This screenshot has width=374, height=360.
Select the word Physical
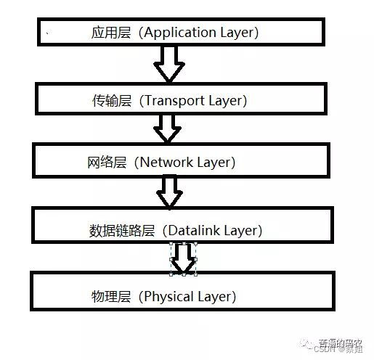tap(172, 296)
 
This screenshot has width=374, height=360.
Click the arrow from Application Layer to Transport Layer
tap(170, 64)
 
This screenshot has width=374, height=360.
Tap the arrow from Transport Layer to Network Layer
tap(167, 128)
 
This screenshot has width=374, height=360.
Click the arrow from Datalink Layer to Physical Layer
tap(183, 258)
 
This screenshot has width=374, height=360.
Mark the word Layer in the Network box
tap(216, 161)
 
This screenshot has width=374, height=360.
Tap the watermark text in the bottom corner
tap(341, 345)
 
